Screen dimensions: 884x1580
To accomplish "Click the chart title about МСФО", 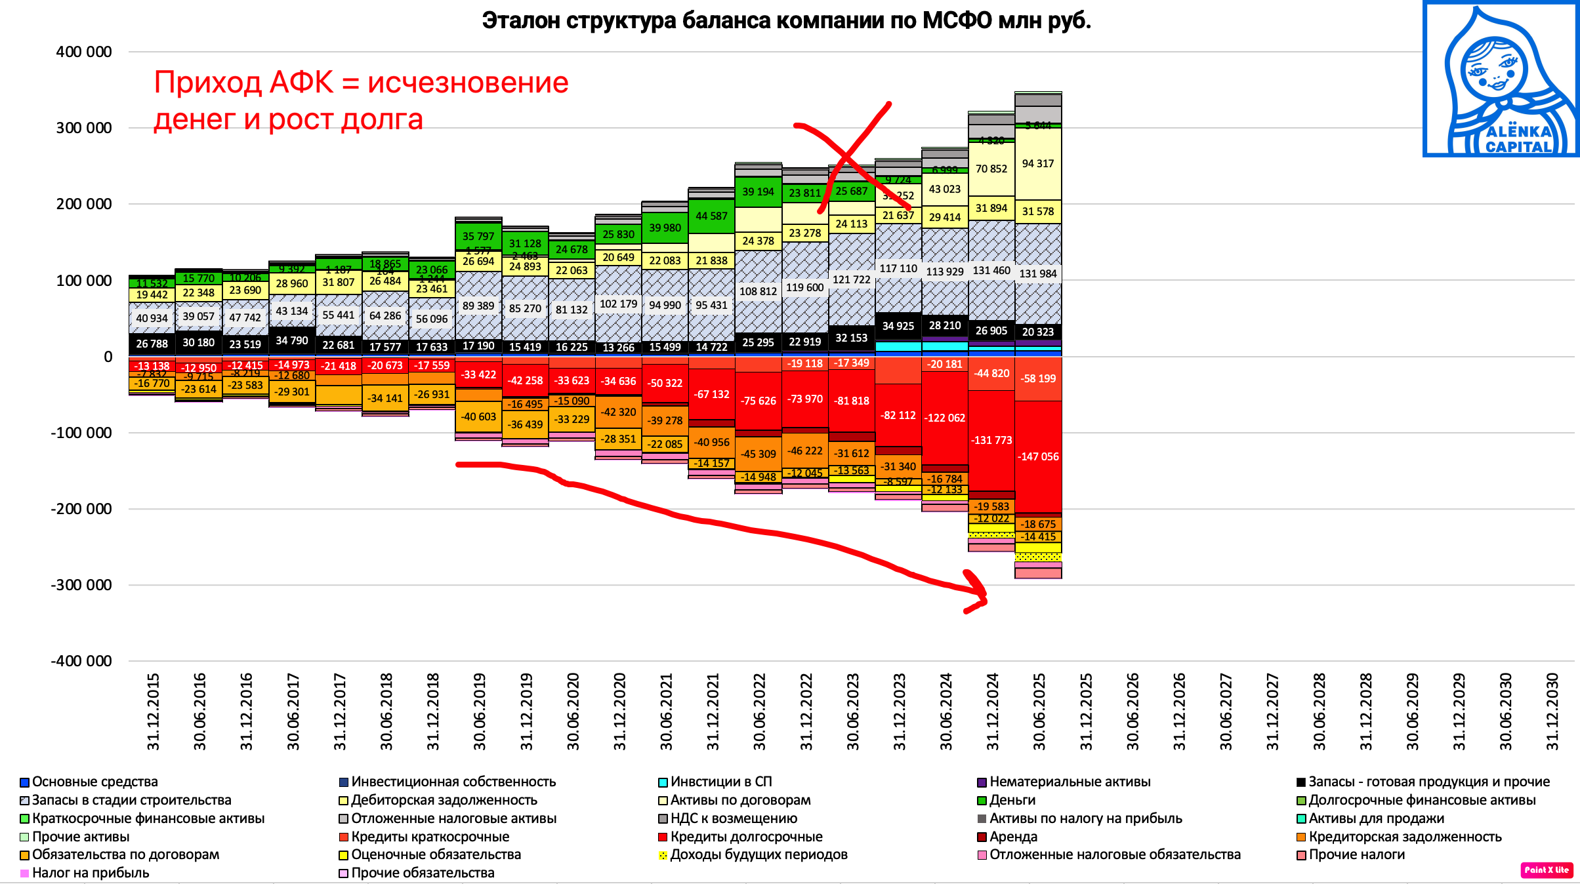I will coord(786,21).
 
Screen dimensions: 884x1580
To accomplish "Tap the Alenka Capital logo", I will coord(1501,79).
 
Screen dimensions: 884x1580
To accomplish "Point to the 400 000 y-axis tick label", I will coord(84,52).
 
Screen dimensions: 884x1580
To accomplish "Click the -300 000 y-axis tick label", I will coord(81,585).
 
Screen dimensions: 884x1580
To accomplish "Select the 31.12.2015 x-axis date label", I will coord(153,711).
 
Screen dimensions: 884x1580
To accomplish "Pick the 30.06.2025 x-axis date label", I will coord(1039,711).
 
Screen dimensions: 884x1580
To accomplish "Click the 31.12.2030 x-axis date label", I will coord(1552,711).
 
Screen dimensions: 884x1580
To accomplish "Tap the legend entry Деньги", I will coord(1012,800).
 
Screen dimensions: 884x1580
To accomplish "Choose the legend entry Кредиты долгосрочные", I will coord(746,837).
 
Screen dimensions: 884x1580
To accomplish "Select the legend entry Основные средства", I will coord(94,782).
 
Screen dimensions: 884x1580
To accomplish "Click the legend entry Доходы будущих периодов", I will coord(759,854).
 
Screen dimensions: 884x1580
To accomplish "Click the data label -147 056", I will coord(1038,456).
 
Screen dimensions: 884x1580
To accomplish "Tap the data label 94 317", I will coord(1038,163).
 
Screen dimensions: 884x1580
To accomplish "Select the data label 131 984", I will coord(1038,273).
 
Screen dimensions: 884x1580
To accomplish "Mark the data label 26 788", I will coord(152,344).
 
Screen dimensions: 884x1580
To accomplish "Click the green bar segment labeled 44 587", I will coord(712,216).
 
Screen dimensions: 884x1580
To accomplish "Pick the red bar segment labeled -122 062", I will coord(945,418).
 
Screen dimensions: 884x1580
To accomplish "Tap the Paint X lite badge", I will coord(1547,870).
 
